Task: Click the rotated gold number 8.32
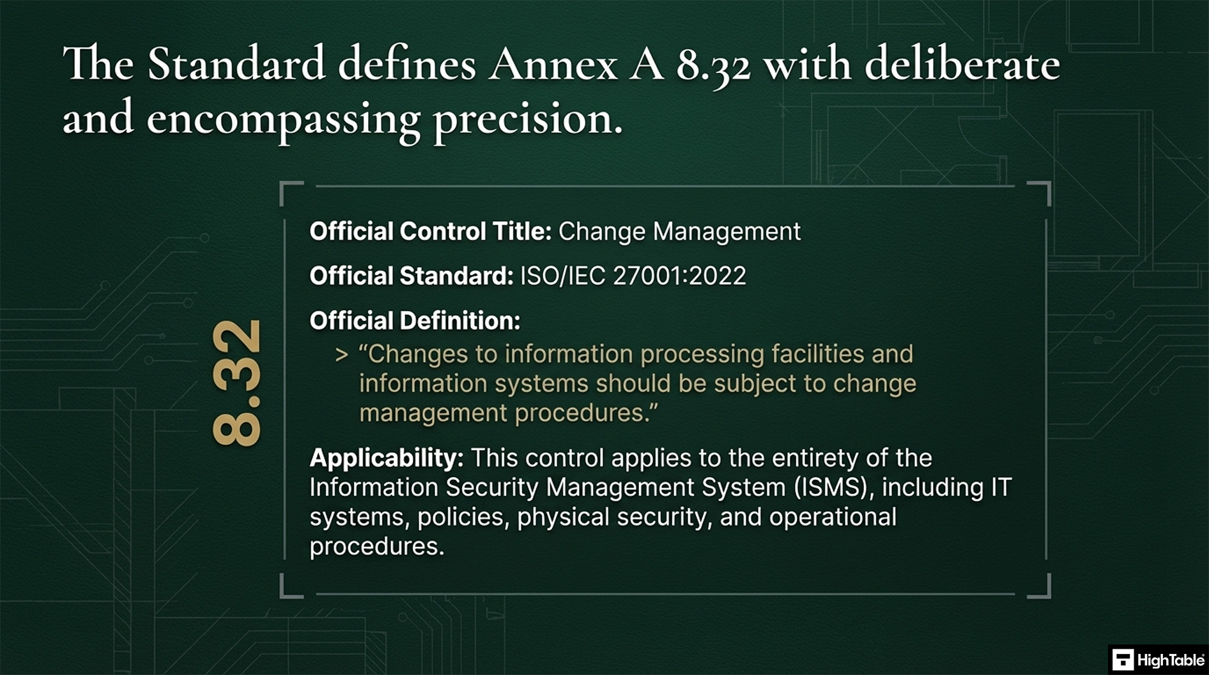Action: (236, 383)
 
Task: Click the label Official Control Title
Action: (430, 231)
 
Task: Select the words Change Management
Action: (679, 231)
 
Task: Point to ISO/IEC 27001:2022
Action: (633, 276)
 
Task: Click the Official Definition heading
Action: (415, 321)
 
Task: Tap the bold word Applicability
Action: (386, 458)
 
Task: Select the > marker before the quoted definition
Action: (342, 355)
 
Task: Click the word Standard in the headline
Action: (236, 65)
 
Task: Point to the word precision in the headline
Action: (527, 119)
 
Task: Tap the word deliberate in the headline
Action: (962, 65)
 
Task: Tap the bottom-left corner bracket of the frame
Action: (291, 587)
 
